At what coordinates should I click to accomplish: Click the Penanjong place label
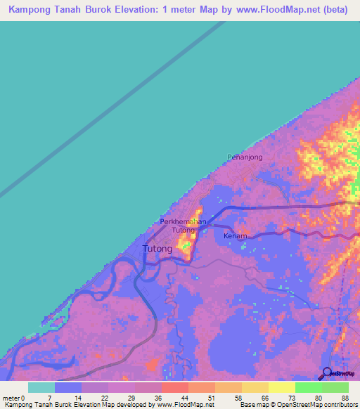click(245, 157)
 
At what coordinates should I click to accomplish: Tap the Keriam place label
click(235, 236)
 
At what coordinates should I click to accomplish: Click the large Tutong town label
click(157, 249)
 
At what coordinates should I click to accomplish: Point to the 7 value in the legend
click(69, 397)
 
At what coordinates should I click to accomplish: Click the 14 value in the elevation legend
click(96, 397)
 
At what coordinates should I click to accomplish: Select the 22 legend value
click(122, 397)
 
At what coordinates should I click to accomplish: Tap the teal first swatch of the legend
click(41, 387)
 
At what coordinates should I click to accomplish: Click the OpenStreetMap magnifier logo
click(326, 374)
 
